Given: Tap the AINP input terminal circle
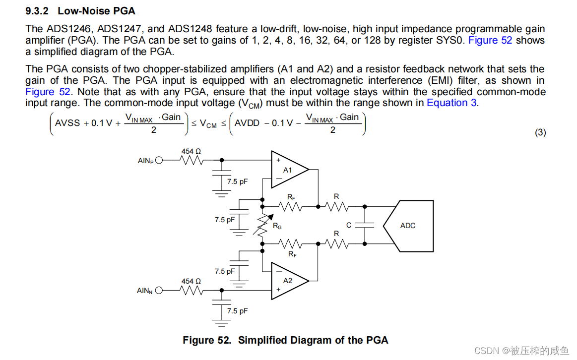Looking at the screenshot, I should (x=159, y=160).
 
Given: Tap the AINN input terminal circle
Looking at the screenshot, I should (x=159, y=291).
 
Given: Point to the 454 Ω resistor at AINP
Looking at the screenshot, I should (x=191, y=160).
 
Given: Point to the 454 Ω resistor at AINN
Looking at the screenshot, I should (x=191, y=291).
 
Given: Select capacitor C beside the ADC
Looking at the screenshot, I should (x=365, y=225).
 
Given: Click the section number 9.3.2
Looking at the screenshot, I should (x=38, y=11).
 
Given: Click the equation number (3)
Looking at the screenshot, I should (x=540, y=132).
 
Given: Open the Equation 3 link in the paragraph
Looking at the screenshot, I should (x=451, y=103).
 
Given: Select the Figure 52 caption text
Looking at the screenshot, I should (x=285, y=340).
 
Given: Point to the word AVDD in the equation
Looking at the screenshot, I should (x=247, y=123).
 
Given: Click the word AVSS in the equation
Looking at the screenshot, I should (x=67, y=123).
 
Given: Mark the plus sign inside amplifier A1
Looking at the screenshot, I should (x=278, y=160).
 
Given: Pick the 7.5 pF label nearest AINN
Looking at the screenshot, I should (x=237, y=311).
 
